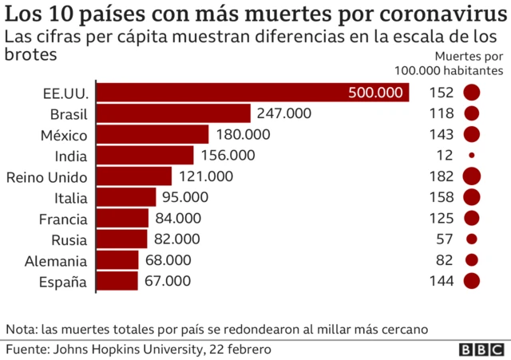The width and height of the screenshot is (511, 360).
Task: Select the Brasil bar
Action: pos(173,113)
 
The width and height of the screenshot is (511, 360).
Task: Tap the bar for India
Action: pos(145,155)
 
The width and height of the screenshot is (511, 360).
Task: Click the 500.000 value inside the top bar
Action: pos(375,93)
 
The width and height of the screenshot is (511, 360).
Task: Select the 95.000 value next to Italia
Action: pos(184,196)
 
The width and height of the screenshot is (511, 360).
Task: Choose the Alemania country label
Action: pos(55,259)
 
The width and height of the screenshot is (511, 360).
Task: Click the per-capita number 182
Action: pos(441,176)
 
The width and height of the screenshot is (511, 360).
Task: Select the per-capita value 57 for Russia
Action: pos(445,239)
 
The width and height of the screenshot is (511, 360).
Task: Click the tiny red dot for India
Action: pos(472,155)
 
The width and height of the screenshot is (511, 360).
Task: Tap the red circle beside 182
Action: pos(472,176)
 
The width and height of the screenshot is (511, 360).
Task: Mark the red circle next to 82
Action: pos(472,259)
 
